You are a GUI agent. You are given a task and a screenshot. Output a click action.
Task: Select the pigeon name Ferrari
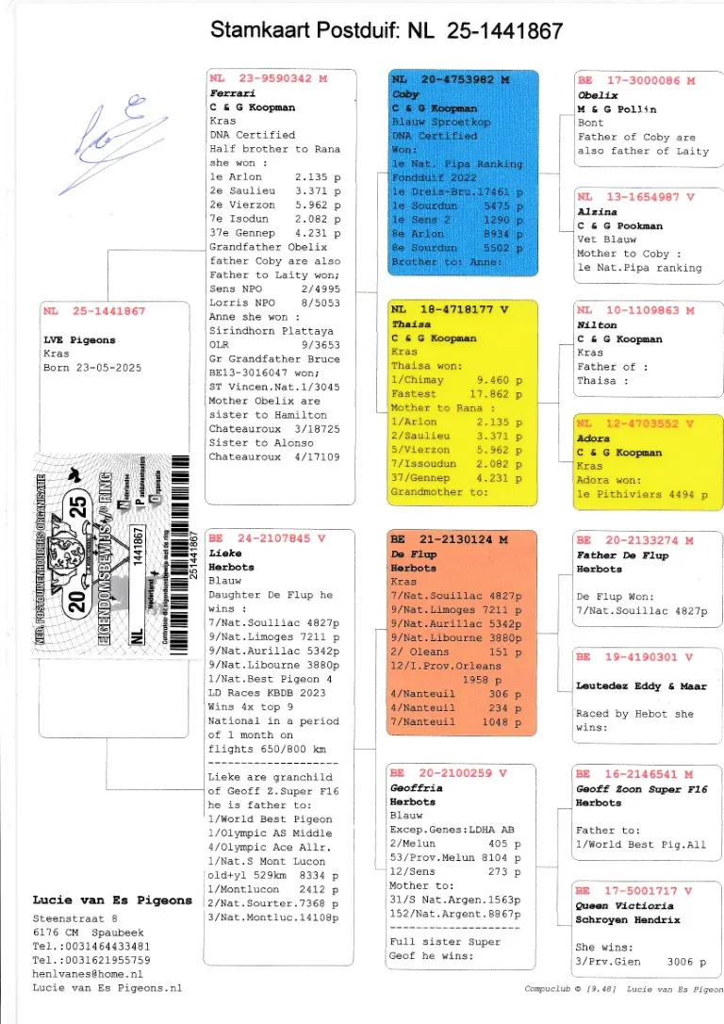232,94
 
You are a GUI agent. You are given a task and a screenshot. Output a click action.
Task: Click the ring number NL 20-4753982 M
450,80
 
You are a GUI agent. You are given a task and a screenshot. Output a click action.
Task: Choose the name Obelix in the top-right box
597,95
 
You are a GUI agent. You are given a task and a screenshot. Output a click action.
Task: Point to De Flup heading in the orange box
411,554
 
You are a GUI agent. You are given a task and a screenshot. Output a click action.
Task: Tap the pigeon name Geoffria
416,787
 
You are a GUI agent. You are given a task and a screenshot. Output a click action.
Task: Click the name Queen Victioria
622,905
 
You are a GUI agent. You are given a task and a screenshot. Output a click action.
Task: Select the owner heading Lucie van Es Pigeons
112,900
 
